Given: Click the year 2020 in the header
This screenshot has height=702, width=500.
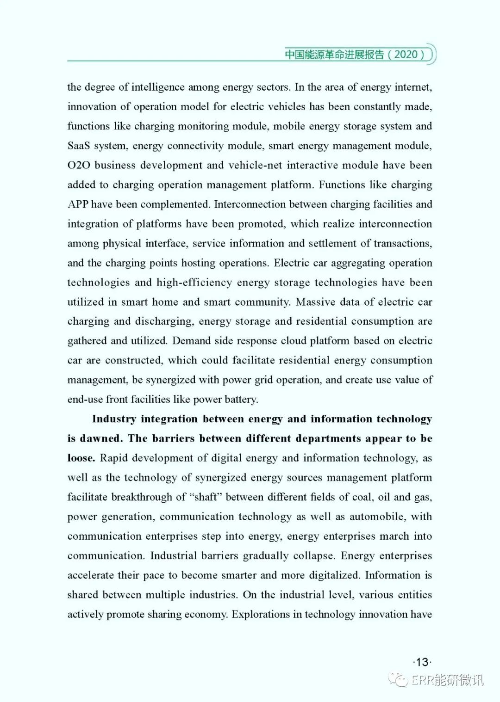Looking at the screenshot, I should [406, 55].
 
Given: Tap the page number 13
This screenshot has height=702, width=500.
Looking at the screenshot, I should [422, 662].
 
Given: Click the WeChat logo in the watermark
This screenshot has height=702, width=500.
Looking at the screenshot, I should [398, 679].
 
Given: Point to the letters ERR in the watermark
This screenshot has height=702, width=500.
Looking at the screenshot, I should [422, 680].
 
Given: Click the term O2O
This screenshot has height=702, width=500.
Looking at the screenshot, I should [79, 165].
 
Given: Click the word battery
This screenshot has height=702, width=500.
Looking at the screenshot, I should [241, 400].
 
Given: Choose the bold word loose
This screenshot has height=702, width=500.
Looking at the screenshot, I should [81, 458].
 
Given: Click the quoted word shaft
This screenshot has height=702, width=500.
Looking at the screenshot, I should [205, 497].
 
